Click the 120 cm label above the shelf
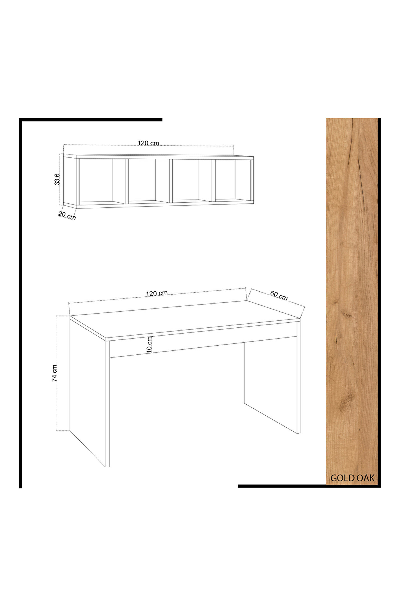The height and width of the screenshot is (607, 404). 148,143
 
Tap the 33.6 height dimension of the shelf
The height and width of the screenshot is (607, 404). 57,179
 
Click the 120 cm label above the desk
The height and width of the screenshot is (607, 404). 157,293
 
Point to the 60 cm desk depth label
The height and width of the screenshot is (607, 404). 279,295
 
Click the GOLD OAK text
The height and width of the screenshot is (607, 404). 352,478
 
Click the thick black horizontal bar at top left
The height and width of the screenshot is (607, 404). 91,120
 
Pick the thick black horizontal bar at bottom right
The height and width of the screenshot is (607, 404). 309,486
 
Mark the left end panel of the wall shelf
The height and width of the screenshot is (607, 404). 70,181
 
